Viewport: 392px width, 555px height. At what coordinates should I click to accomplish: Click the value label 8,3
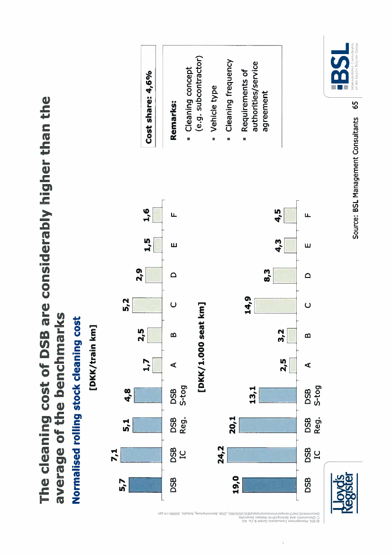pos(267,275)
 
